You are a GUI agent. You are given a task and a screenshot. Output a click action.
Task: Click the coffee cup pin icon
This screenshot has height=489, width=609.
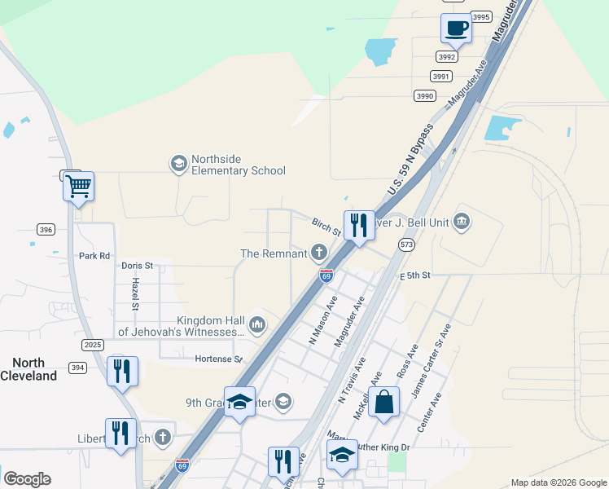click(x=456, y=29)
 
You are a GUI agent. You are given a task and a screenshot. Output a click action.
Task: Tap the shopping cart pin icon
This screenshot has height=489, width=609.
click(x=78, y=187)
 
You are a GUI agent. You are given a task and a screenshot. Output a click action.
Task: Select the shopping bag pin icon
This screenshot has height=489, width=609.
click(x=383, y=403)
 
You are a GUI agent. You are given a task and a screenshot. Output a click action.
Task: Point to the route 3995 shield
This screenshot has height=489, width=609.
click(x=481, y=17)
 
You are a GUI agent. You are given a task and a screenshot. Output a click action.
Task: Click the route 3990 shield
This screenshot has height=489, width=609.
click(x=424, y=96)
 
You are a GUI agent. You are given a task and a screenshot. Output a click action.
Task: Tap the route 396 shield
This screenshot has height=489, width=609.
click(x=46, y=230)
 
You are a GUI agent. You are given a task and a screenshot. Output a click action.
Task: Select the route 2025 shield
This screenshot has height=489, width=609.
click(x=93, y=346)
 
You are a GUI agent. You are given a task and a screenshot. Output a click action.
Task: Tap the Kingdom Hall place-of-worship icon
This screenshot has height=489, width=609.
click(x=257, y=324)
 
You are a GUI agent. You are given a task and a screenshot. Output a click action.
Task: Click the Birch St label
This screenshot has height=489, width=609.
click(x=326, y=223)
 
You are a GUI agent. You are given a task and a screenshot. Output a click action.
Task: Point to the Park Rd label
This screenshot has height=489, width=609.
click(x=94, y=256)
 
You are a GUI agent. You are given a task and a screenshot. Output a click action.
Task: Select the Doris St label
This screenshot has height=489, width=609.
click(x=137, y=266)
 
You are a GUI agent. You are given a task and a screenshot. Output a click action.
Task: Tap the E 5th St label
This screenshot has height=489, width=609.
click(x=414, y=275)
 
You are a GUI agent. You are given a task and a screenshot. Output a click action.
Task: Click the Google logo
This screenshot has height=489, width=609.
click(x=27, y=479)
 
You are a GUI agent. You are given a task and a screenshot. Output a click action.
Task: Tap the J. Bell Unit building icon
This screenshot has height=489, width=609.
click(x=462, y=220)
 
